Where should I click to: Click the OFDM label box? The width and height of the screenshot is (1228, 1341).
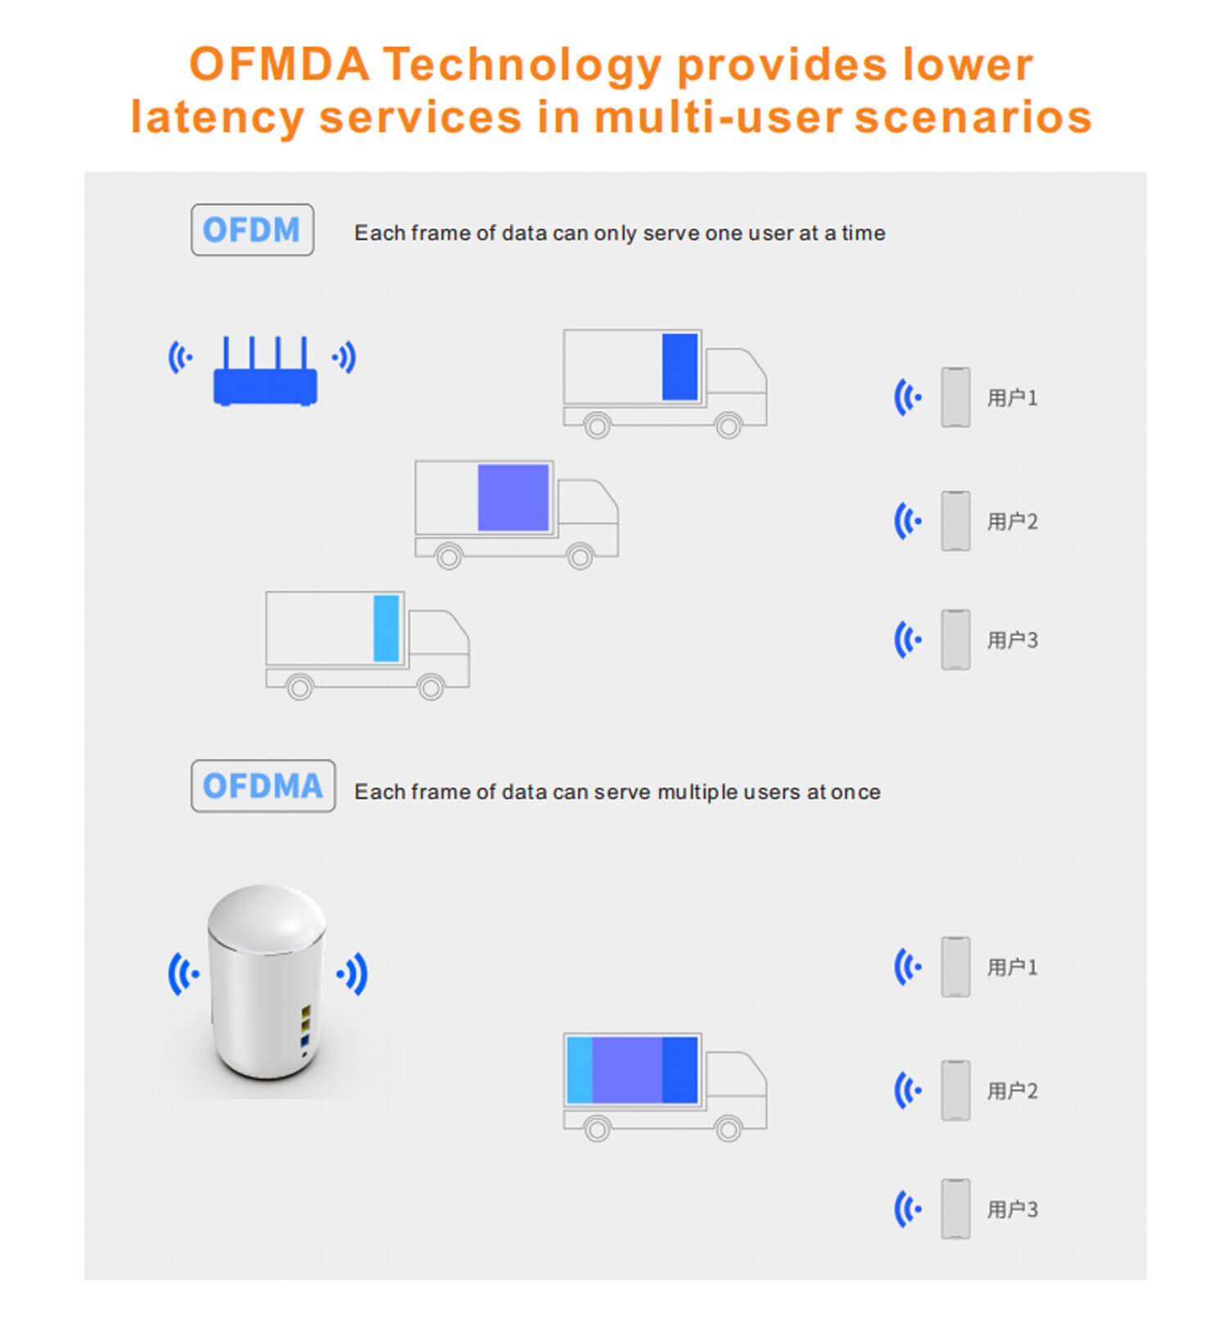(252, 230)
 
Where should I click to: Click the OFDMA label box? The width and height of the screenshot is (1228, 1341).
(263, 786)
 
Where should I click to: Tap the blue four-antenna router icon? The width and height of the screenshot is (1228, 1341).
(265, 371)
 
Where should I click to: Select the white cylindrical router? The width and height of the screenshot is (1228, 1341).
(267, 982)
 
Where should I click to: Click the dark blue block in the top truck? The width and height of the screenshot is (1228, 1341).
(679, 367)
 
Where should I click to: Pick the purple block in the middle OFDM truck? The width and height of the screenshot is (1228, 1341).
(513, 497)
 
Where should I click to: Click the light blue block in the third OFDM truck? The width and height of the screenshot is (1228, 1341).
(386, 628)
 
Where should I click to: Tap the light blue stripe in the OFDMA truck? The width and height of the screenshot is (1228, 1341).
(580, 1070)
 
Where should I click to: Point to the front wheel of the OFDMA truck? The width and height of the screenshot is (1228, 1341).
(728, 1129)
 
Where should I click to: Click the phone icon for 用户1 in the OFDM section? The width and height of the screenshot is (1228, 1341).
(955, 398)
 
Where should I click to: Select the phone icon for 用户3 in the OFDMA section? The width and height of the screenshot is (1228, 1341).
(955, 1209)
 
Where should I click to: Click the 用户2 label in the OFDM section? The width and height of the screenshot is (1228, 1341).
(1012, 522)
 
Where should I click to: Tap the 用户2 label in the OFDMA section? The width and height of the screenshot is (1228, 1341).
(1012, 1091)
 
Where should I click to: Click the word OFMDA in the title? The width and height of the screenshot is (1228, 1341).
(279, 65)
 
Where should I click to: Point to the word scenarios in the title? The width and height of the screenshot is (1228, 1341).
(973, 117)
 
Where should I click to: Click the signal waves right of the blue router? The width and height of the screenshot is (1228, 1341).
(345, 358)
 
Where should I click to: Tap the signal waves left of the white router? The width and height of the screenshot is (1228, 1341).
(183, 974)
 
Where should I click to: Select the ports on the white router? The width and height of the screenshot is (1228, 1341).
(305, 1028)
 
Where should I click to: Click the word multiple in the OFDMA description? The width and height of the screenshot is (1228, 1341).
(698, 793)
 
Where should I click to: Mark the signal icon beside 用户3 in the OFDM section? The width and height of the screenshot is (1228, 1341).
(907, 640)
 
